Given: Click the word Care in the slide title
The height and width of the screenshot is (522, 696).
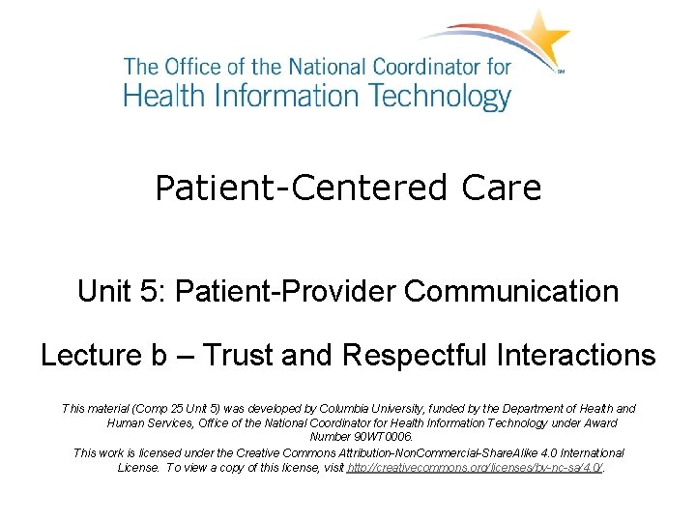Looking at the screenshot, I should click(x=502, y=188).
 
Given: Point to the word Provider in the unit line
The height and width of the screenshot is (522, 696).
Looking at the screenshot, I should click(x=348, y=291).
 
